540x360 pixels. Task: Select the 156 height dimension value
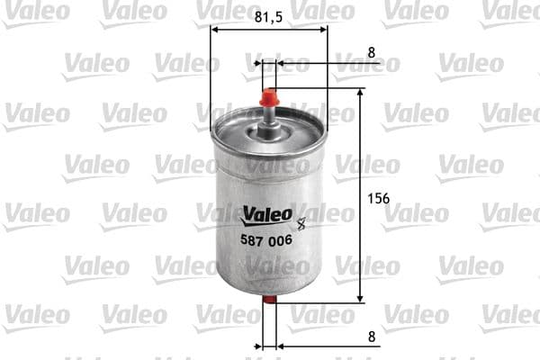379,199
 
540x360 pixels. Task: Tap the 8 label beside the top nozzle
372,51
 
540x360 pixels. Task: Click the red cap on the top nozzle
268,95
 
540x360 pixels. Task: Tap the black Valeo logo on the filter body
267,213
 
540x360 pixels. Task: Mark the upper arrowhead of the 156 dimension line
360,94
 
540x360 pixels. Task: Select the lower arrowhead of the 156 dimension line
360,297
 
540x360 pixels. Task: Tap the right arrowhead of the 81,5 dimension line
322,28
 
